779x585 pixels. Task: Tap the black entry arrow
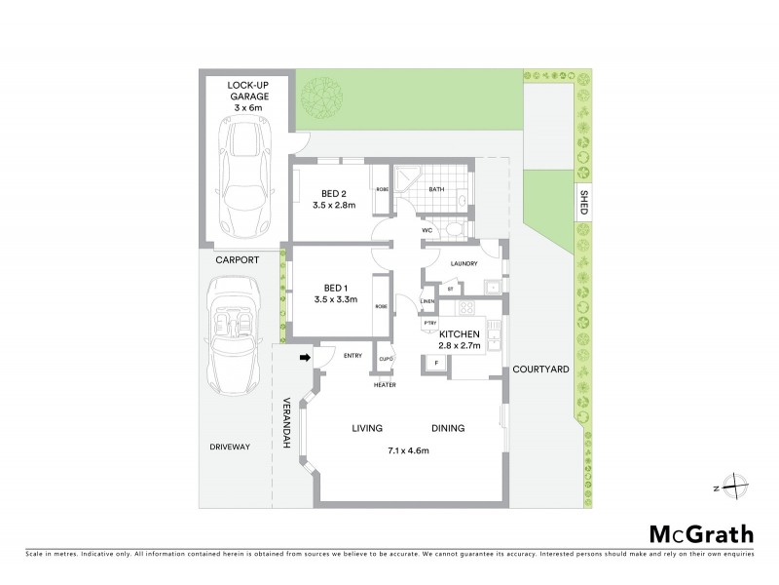click(304, 358)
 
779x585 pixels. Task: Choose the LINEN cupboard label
click(427, 301)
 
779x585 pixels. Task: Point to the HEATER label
click(386, 384)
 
